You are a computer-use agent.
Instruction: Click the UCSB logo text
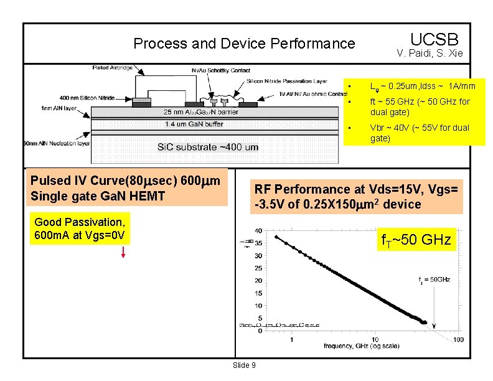click(x=434, y=38)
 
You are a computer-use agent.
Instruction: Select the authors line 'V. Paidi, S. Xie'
click(x=430, y=54)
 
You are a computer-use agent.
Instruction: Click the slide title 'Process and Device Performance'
click(x=244, y=44)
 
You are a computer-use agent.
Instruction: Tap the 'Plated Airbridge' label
click(x=113, y=67)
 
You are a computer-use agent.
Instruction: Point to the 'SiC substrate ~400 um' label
click(x=208, y=147)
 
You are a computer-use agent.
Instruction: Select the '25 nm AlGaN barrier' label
click(x=201, y=112)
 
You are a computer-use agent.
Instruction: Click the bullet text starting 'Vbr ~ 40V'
click(x=420, y=133)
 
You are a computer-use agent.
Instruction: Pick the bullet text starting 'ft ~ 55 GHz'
click(x=420, y=106)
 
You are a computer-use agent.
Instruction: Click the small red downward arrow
click(x=124, y=252)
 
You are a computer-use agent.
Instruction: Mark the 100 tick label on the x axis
click(x=458, y=339)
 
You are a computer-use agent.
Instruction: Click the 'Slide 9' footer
click(x=243, y=365)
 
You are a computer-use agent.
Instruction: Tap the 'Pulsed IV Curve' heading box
click(x=125, y=187)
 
